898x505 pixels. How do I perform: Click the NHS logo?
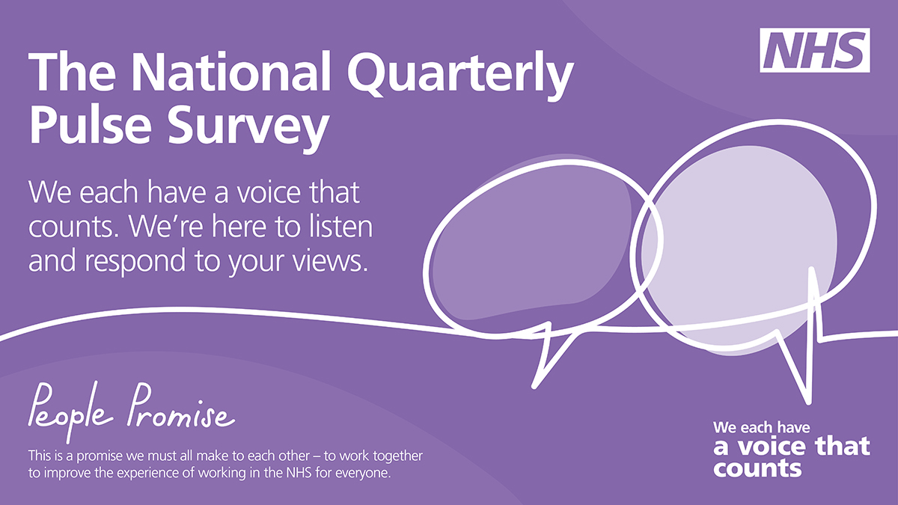[x=815, y=51]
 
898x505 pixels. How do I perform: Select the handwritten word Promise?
[x=181, y=406]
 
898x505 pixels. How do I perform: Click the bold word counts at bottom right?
[x=757, y=468]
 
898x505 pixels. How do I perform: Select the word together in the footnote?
[x=397, y=456]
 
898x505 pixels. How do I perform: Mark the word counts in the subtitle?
[x=74, y=227]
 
